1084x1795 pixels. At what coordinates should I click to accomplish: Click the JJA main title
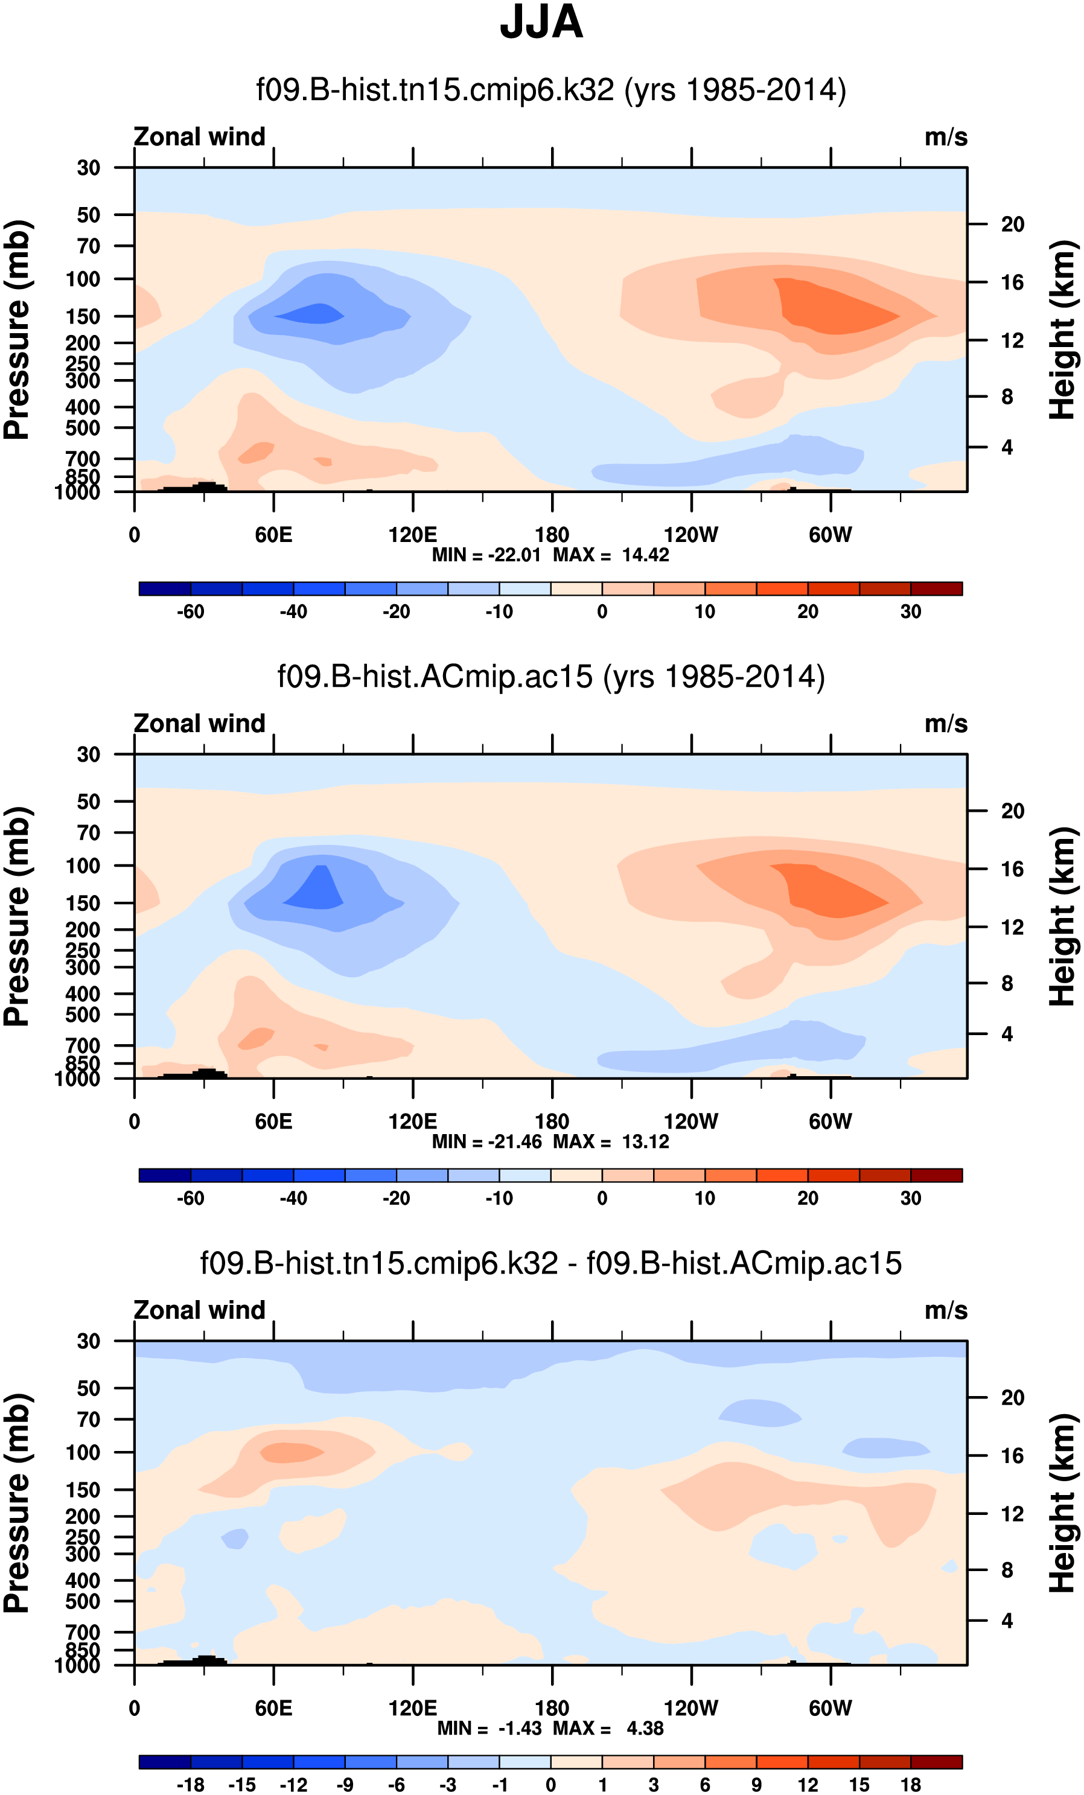coord(541,22)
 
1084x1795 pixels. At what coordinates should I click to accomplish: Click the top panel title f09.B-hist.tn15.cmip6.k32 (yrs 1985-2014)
coord(550,89)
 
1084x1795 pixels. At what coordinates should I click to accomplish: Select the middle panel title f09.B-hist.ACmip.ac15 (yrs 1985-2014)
coord(550,676)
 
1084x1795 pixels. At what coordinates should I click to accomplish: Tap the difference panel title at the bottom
coord(550,1263)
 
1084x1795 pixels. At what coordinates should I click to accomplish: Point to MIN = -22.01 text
coord(486,555)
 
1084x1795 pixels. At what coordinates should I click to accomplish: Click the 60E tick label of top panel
coord(274,535)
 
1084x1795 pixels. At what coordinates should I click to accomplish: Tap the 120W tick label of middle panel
coord(690,1121)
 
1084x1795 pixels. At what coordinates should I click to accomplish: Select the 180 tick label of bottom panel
coord(552,1707)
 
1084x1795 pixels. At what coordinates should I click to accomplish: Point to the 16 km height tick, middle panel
coord(1013,869)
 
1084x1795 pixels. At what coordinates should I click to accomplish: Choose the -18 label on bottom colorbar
coord(190,1784)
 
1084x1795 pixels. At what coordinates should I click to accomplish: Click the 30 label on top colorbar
coord(911,611)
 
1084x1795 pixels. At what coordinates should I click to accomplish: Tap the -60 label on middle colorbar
coord(190,1197)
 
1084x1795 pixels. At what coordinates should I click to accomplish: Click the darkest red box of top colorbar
coord(936,588)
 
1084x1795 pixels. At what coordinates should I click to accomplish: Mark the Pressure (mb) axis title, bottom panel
coord(18,1503)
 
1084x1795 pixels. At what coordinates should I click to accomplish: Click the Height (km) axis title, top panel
coord(1062,330)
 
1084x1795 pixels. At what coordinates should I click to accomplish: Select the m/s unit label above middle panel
coord(946,724)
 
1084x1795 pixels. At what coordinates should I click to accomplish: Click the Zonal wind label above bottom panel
coord(200,1310)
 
